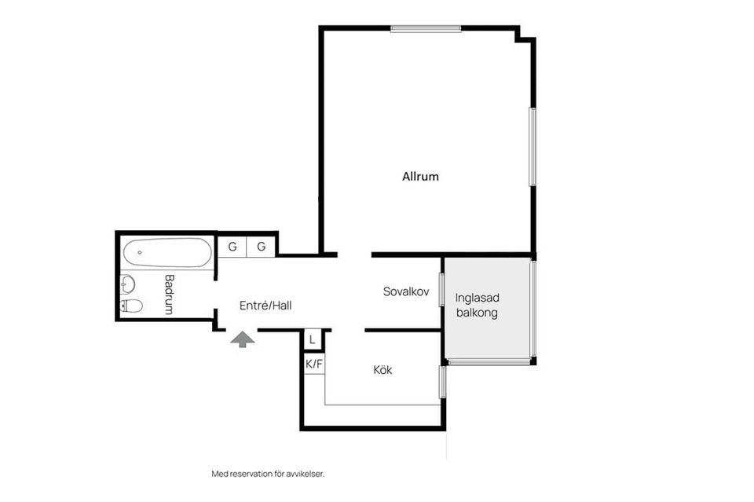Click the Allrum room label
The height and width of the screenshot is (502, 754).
tap(420, 177)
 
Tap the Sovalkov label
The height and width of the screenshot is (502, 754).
tap(406, 291)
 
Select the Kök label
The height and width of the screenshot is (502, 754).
tap(382, 370)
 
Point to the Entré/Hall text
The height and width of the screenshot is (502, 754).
tap(265, 306)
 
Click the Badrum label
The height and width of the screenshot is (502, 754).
tap(169, 294)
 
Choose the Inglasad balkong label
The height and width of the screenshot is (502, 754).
tap(477, 306)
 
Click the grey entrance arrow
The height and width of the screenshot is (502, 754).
tap(243, 339)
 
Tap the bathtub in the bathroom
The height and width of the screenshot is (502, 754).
tap(167, 253)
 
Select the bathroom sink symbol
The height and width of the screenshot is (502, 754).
tap(127, 284)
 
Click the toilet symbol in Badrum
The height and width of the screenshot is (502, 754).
tap(131, 306)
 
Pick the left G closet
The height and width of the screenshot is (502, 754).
tap(232, 247)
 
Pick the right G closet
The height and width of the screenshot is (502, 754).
tap(261, 247)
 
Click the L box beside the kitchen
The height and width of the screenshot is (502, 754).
tap(313, 340)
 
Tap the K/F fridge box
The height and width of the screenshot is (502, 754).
tap(314, 364)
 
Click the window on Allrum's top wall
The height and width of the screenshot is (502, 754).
tap(426, 29)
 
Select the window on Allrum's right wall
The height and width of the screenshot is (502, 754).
tap(533, 147)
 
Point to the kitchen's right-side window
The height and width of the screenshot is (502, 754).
tap(443, 382)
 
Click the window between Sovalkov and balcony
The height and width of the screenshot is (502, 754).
tap(441, 289)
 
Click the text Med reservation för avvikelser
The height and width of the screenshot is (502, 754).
tap(268, 474)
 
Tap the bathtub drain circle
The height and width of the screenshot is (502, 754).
tap(140, 252)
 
